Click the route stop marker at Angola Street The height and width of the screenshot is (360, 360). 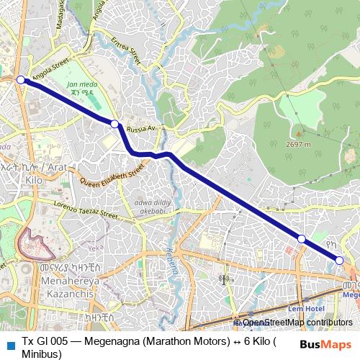pyautogui.click(x=21, y=80)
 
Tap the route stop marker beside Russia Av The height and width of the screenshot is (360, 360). pyautogui.click(x=114, y=125)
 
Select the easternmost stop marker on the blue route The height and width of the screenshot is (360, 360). pyautogui.click(x=340, y=261)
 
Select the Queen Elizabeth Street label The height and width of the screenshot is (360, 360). pyautogui.click(x=112, y=176)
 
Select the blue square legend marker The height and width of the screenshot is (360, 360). pyautogui.click(x=10, y=344)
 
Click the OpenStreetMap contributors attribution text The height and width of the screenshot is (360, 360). pyautogui.click(x=297, y=323)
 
